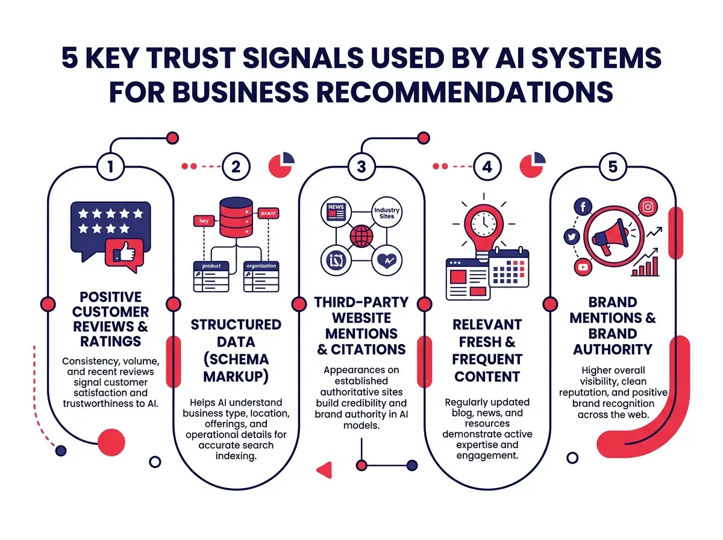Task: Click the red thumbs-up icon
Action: (124, 253)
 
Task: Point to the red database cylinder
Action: (236, 215)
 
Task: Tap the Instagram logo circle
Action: (648, 207)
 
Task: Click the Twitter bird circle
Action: (572, 237)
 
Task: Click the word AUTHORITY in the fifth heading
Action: (613, 349)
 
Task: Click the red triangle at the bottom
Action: (325, 469)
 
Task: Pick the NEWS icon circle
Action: (336, 213)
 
